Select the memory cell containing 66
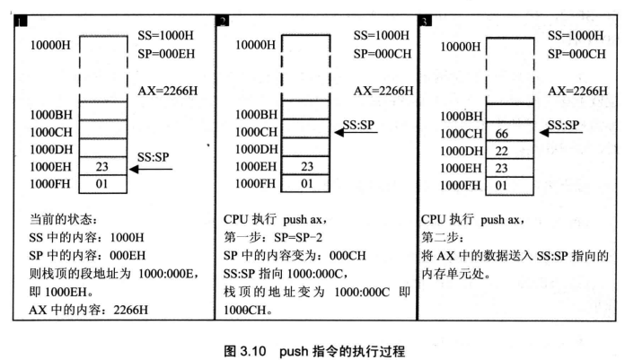click(x=508, y=133)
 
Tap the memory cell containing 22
click(x=508, y=150)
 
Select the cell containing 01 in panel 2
click(x=304, y=183)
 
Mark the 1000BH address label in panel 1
click(x=51, y=115)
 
